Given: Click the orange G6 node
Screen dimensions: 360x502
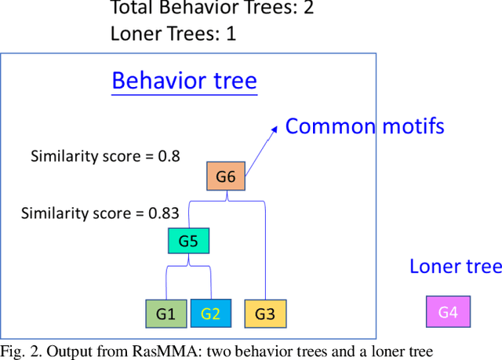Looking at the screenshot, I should coord(226,177).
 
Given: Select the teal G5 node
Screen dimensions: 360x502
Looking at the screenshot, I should coord(188,241).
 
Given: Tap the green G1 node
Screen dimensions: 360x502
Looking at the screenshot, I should coord(166,314).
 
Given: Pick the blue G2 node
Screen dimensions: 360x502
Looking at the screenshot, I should coord(211,314).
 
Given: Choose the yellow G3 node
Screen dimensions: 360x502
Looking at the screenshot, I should coord(265,314).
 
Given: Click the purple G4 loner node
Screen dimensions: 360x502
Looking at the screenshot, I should coord(447,312).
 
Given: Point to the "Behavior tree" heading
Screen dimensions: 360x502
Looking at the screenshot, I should coord(184,81).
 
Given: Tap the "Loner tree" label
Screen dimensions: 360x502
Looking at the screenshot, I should coord(456,267).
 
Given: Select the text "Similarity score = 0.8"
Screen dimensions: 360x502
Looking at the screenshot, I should coord(105,156).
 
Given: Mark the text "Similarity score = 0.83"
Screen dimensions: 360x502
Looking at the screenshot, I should coord(100,213).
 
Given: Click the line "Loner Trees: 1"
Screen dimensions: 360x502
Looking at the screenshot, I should coord(173,34).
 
